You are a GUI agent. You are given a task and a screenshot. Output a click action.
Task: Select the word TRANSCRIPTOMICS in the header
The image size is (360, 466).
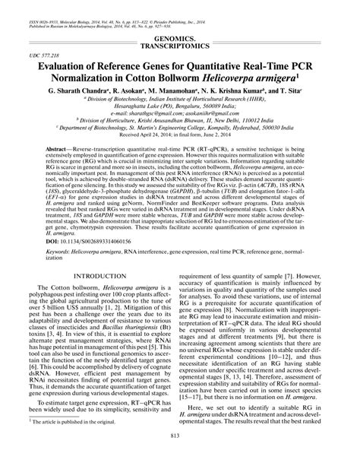coord(179,44)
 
